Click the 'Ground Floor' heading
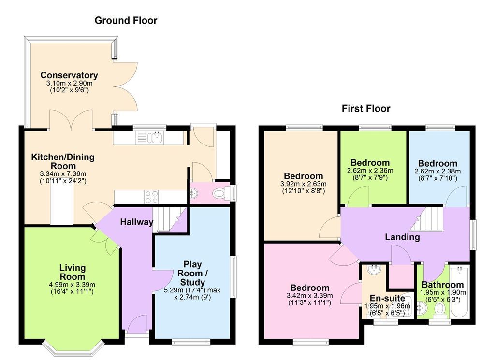coord(126,20)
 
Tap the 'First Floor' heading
coord(366,109)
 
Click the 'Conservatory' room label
coord(69,75)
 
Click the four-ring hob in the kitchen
coord(151,197)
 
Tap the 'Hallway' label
coord(136,222)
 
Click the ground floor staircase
coord(170,220)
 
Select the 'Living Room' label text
coord(73,272)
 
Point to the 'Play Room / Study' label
coord(192,273)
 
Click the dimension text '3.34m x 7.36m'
coord(63,174)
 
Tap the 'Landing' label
coord(402,237)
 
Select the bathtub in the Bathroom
coord(460,291)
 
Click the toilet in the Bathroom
coord(439,310)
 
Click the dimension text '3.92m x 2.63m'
coord(304,184)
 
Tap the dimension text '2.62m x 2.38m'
coord(437,172)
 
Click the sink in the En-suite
coord(374,270)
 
